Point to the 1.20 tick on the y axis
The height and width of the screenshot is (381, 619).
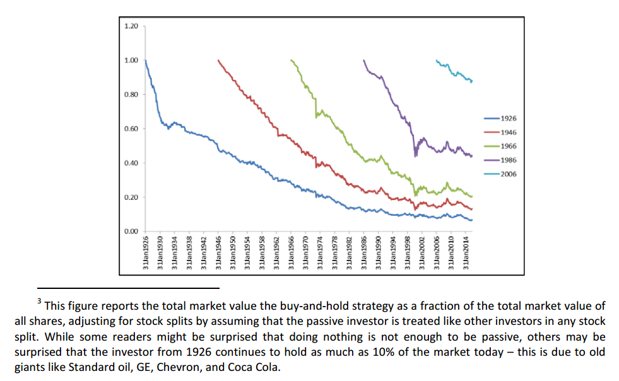pyautogui.click(x=131, y=26)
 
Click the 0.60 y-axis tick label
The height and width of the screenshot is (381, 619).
pyautogui.click(x=131, y=129)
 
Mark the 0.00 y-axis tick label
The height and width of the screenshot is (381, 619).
pyautogui.click(x=131, y=232)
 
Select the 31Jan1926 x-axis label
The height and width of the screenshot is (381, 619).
pyautogui.click(x=146, y=253)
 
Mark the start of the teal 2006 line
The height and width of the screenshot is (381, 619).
pyautogui.click(x=437, y=61)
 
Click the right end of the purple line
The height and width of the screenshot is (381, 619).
pyautogui.click(x=472, y=156)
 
